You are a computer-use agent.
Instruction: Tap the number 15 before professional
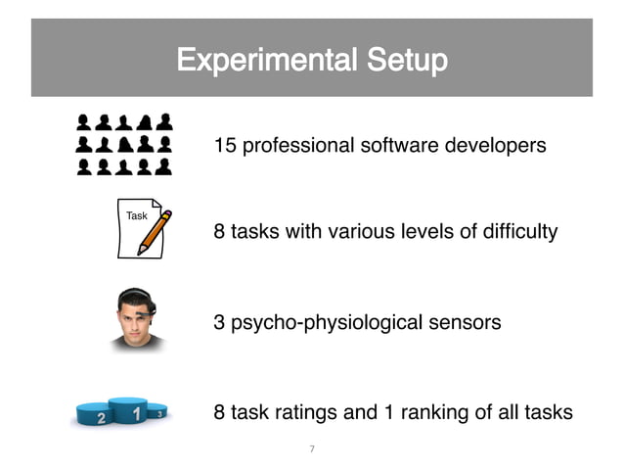pyautogui.click(x=225, y=147)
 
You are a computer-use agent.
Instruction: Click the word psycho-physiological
pyautogui.click(x=328, y=322)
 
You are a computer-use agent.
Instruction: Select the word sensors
pyautogui.click(x=467, y=322)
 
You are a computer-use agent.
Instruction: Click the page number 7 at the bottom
pyautogui.click(x=312, y=449)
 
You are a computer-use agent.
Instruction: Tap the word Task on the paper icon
pyautogui.click(x=137, y=215)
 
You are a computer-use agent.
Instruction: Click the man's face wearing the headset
pyautogui.click(x=137, y=320)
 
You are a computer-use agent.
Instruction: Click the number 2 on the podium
pyautogui.click(x=101, y=418)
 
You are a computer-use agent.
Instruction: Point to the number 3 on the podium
pyautogui.click(x=160, y=414)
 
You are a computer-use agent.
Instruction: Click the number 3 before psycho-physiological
pyautogui.click(x=219, y=322)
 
